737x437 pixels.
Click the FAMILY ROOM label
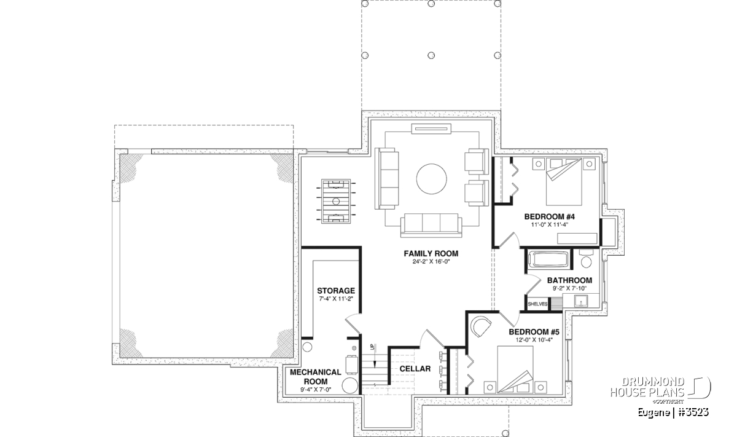[431, 254]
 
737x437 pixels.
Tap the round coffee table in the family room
[431, 179]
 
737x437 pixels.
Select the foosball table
[336, 201]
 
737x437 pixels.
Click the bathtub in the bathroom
[548, 259]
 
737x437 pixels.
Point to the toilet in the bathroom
[586, 259]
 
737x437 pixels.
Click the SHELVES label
[537, 304]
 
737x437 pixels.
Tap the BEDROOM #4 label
[550, 217]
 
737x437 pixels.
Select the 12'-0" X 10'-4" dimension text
[534, 340]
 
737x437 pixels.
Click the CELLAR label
[415, 369]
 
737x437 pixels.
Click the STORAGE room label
[336, 291]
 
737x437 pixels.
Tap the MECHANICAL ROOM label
[316, 377]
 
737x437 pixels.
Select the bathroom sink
[582, 301]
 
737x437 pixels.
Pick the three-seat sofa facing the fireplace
[431, 225]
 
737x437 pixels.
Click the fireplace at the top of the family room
[431, 128]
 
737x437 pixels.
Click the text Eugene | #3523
[673, 412]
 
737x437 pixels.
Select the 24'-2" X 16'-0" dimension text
[431, 262]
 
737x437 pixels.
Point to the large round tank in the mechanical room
[349, 385]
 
